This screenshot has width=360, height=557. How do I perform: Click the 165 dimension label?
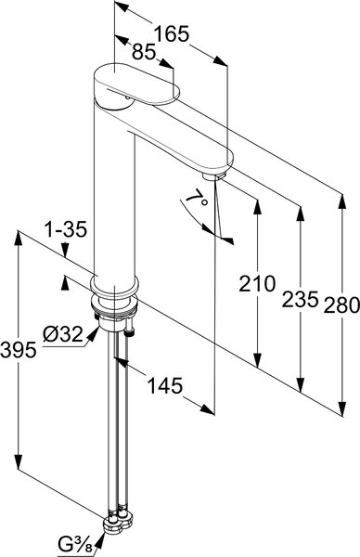tap(172, 34)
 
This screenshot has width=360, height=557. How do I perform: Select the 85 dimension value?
tap(144, 52)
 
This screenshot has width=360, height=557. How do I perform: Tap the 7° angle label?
tap(198, 198)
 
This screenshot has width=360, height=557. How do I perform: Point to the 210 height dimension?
tap(257, 283)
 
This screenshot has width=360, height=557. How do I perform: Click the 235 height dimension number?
tap(300, 299)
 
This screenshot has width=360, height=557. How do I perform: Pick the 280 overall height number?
tap(341, 305)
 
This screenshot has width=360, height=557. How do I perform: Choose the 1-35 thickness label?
tap(65, 229)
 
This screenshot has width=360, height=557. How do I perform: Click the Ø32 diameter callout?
tap(63, 334)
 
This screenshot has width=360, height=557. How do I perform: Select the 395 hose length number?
tap(19, 350)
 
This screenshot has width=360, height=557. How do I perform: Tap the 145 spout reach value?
tap(165, 386)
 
